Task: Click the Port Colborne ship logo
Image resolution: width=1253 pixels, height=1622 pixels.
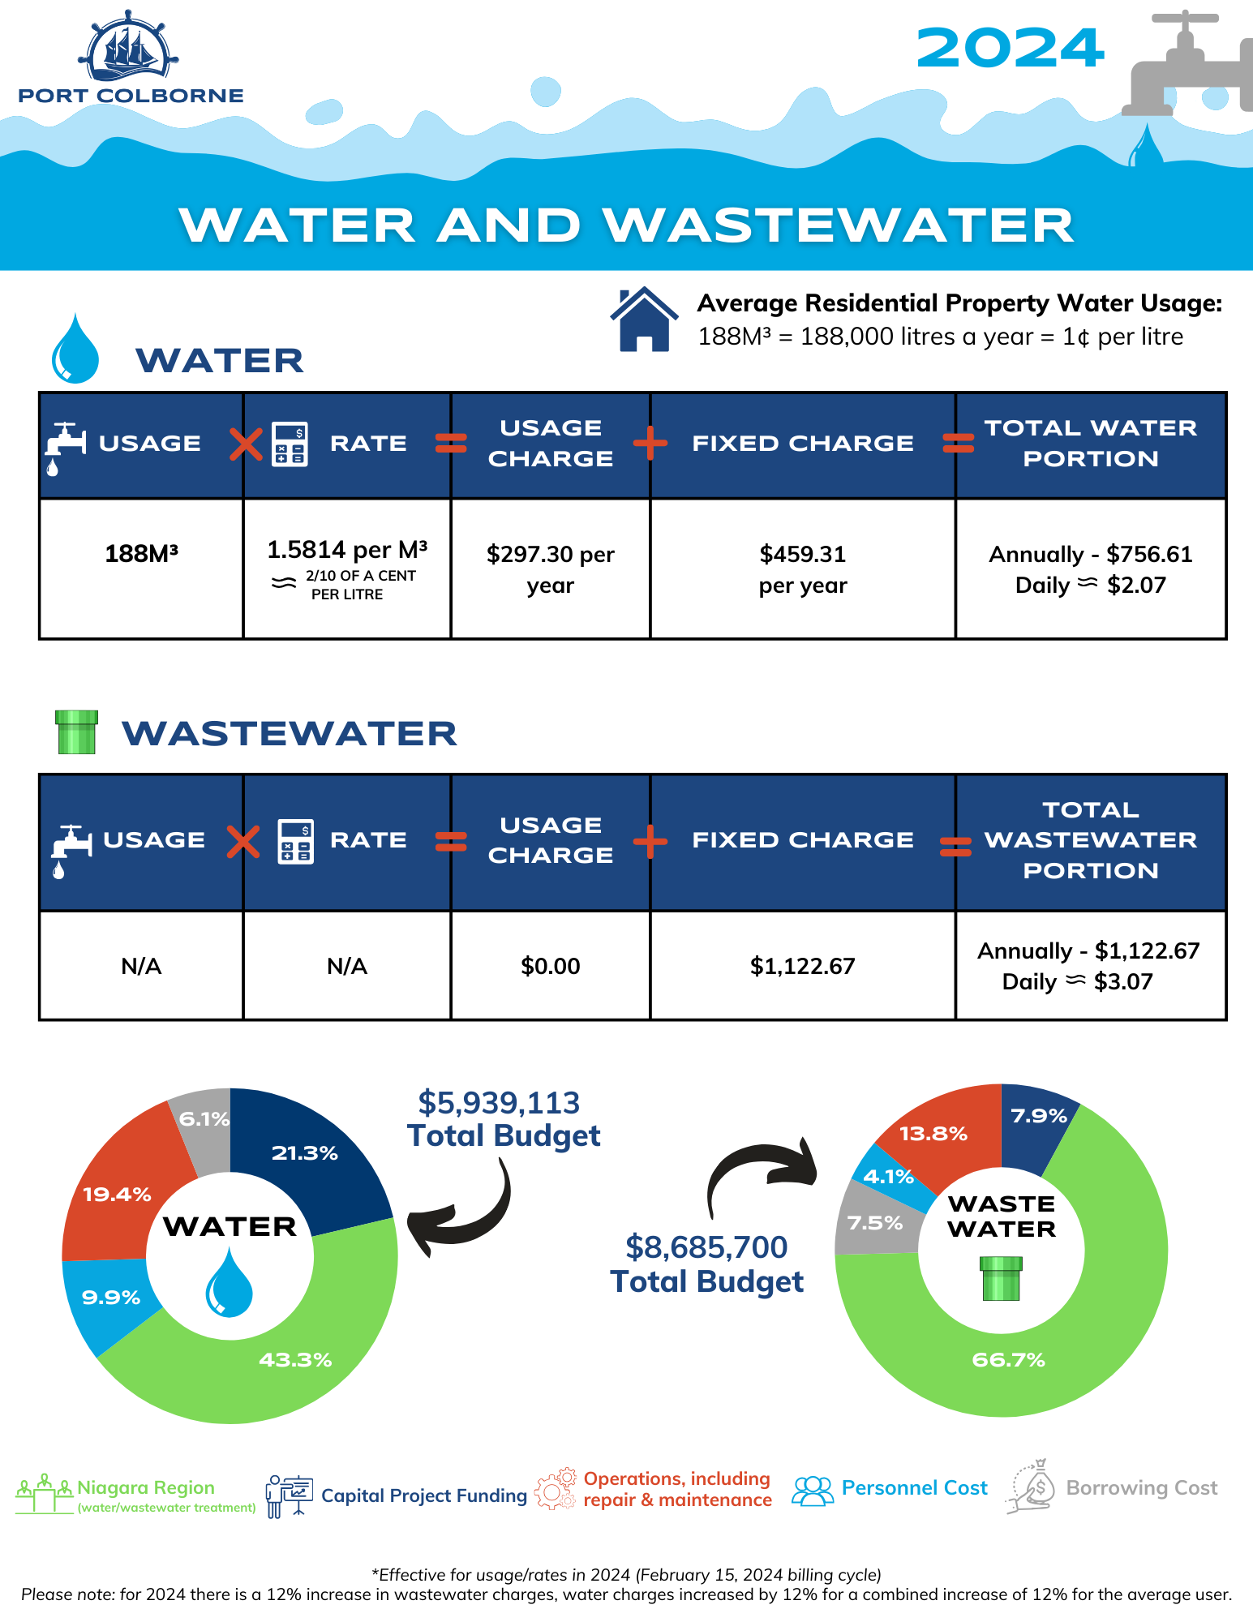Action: click(129, 49)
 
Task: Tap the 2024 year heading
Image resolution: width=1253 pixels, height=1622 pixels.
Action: click(1010, 49)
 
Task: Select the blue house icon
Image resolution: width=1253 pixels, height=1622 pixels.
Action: click(644, 320)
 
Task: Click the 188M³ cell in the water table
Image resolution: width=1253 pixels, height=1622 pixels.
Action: click(141, 554)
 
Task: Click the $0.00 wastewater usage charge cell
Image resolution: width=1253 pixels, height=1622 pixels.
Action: click(550, 966)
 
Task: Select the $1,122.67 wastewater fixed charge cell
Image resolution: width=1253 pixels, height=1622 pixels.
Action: click(802, 966)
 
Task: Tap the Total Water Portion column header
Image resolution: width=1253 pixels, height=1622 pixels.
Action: click(1090, 444)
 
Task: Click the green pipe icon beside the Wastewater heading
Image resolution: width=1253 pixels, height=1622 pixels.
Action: click(77, 732)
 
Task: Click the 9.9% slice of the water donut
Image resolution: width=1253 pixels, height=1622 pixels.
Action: click(109, 1298)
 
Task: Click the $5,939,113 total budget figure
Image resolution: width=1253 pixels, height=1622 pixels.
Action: click(499, 1103)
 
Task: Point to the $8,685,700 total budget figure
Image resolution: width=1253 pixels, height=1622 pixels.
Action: click(706, 1247)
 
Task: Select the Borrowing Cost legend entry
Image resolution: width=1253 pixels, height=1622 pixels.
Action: click(1115, 1488)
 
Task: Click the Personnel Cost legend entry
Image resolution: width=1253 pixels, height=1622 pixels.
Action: click(892, 1488)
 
